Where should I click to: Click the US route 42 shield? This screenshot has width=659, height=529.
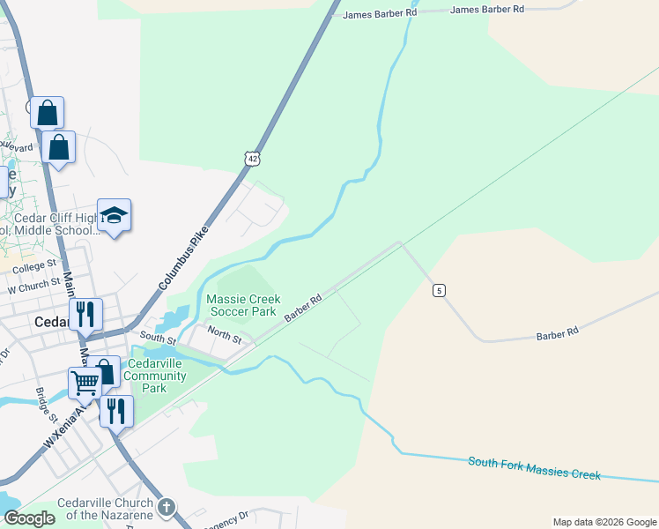click(253, 158)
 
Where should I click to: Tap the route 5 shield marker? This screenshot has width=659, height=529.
click(439, 290)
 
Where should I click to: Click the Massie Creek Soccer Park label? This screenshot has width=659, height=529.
click(243, 306)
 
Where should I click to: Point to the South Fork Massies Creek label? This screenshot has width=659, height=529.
click(534, 468)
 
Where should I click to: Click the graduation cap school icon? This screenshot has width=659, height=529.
click(114, 215)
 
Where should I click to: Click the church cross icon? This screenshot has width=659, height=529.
click(167, 508)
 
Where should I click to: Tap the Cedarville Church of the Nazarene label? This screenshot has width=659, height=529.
click(105, 509)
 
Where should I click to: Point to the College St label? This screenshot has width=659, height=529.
click(34, 264)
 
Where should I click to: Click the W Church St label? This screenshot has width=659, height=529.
click(32, 287)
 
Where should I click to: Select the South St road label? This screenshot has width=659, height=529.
click(159, 339)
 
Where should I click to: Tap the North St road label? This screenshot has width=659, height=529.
click(224, 334)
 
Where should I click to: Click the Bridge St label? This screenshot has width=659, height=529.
click(46, 405)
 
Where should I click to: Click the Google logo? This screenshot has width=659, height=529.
click(29, 518)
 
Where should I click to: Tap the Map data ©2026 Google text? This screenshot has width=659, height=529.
click(603, 522)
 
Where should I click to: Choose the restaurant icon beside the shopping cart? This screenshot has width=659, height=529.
click(115, 410)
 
